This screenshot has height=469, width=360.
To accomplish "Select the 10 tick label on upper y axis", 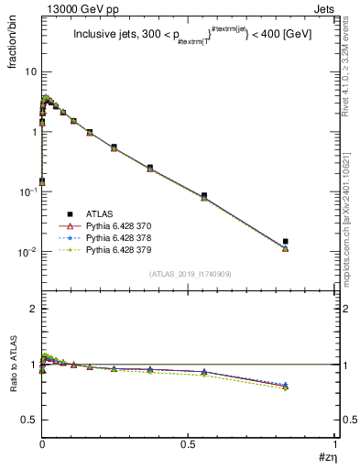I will tap(30, 71).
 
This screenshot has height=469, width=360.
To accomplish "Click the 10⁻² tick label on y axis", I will tap(27, 251).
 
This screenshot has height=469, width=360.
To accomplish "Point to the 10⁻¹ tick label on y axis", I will tap(27, 191).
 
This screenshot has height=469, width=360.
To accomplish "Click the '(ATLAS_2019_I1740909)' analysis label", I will tap(189, 275).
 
